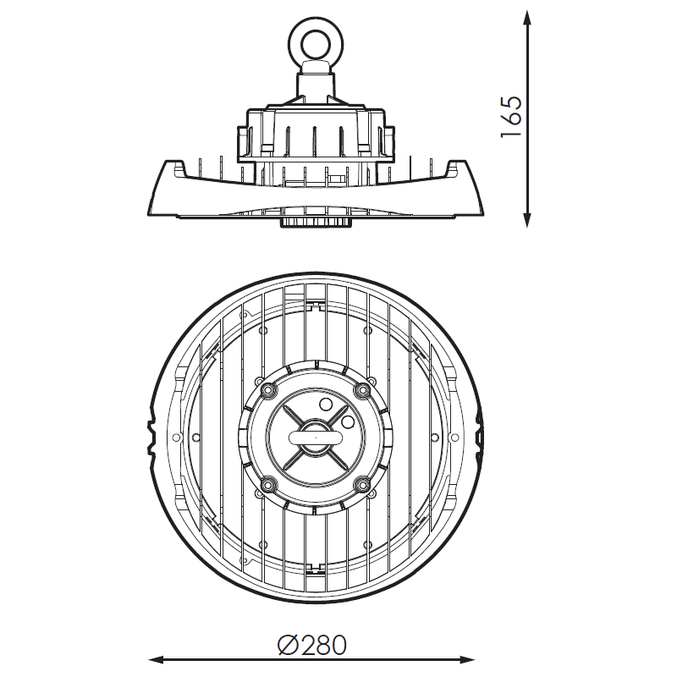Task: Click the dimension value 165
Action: pos(512,117)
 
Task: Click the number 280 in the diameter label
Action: pos(324,646)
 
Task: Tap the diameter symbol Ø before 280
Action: pos(289,646)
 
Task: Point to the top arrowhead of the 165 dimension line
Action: pos(526,19)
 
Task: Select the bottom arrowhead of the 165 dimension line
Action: pos(526,218)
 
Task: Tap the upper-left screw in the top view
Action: pos(267,390)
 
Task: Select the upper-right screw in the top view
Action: pos(362,390)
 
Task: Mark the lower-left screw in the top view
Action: pos(267,484)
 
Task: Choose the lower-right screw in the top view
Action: pos(362,484)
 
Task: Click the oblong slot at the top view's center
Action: pos(316,437)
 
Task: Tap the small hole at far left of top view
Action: pos(176,438)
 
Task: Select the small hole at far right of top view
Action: pos(454,438)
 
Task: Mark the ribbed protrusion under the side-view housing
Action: pos(316,223)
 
